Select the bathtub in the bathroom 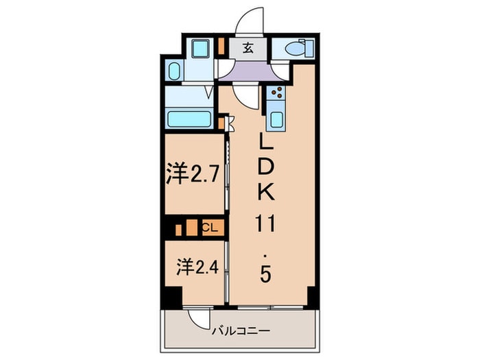click(x=189, y=119)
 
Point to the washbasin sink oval click(x=173, y=71)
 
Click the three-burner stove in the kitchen click(x=277, y=95)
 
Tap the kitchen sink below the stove click(x=277, y=119)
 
